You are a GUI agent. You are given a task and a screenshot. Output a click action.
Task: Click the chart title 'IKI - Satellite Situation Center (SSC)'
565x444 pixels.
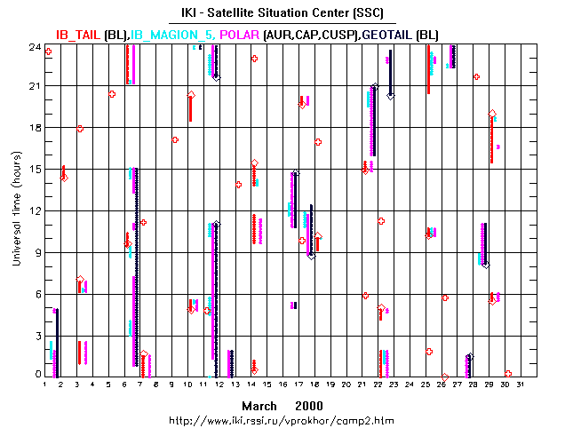[282, 13]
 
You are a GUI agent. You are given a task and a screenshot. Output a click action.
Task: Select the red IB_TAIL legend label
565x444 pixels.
[78, 34]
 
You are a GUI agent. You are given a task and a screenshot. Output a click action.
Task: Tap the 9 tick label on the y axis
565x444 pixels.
[36, 252]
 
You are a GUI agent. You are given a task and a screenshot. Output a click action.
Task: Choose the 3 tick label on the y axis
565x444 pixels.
[36, 335]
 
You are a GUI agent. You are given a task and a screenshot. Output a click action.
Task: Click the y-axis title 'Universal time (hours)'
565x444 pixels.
[16, 210]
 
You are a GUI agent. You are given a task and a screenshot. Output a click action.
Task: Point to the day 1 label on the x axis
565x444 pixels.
[45, 385]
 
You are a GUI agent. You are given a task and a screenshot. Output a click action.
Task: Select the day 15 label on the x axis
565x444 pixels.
[267, 385]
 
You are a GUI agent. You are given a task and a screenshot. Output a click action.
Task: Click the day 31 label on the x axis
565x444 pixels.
[520, 385]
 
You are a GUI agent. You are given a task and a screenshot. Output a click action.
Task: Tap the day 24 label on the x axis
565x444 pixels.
[409, 385]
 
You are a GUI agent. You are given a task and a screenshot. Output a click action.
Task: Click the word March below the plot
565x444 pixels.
[259, 404]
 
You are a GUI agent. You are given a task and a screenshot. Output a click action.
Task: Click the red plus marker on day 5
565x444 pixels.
[112, 93]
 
